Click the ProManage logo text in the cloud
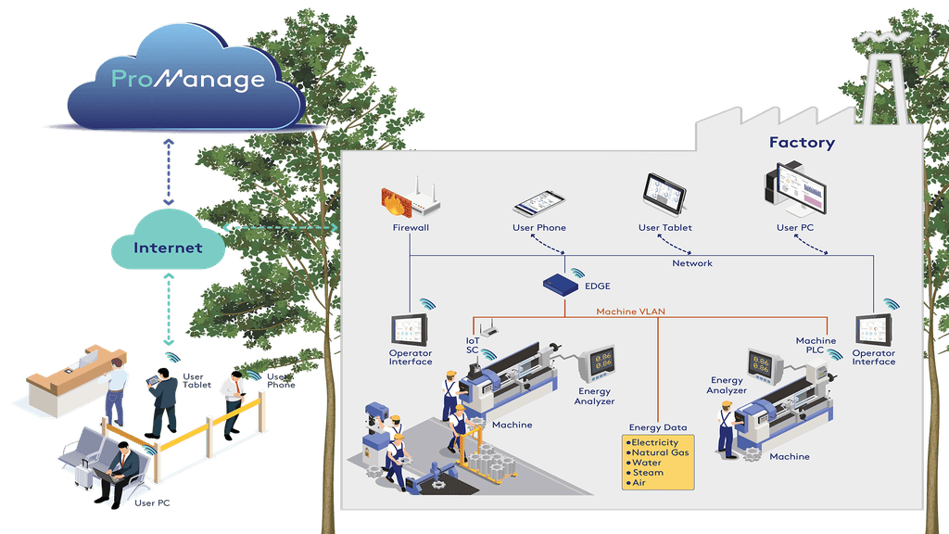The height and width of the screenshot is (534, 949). [x=188, y=80]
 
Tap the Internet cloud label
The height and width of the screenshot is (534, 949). [x=168, y=248]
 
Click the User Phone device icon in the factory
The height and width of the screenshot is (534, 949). [x=538, y=203]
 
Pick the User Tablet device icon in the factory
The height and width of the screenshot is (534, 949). [x=664, y=194]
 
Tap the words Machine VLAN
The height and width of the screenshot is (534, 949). [x=631, y=311]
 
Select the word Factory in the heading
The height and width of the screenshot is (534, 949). [x=802, y=143]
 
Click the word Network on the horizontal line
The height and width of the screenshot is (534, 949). [x=692, y=263]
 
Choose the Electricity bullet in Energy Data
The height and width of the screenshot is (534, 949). [x=654, y=443]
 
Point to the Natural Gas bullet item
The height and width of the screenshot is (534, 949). [x=660, y=453]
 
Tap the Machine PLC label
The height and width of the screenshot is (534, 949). [x=816, y=345]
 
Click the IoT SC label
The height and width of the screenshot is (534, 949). [x=472, y=345]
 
